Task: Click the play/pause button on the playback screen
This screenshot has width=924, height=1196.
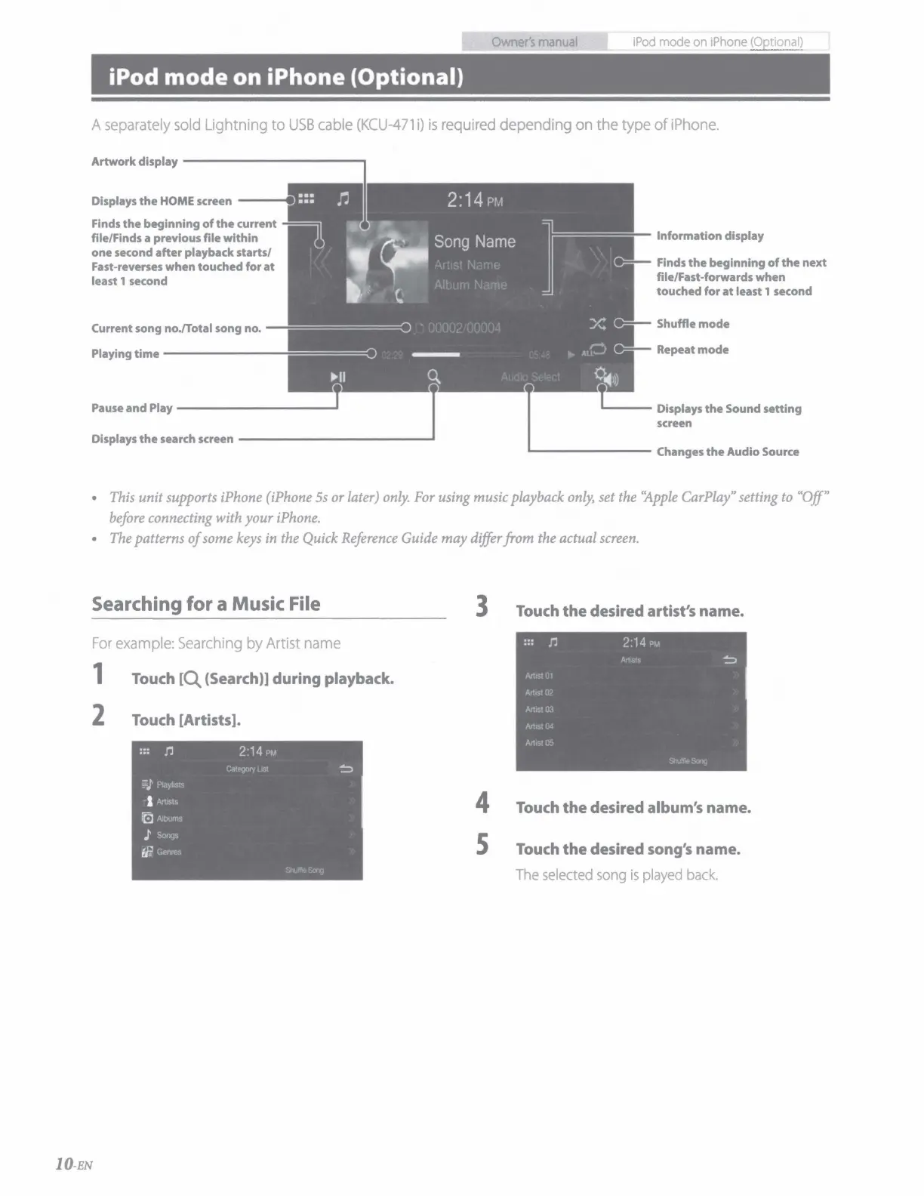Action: [337, 377]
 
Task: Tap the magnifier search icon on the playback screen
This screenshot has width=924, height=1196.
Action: [433, 376]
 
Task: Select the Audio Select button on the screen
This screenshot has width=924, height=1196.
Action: [530, 377]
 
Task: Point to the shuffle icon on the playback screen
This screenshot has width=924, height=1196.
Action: [597, 324]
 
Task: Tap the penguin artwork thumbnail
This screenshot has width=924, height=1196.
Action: [387, 261]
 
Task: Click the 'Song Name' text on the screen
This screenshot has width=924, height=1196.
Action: [474, 242]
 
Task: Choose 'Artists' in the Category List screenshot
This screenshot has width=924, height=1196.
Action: [167, 802]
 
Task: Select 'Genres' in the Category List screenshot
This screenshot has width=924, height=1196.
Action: [168, 852]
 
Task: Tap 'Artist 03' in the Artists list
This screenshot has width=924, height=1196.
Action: [539, 710]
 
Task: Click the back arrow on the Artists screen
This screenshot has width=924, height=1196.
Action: [729, 660]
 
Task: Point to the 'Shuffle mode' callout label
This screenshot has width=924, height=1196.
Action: [692, 324]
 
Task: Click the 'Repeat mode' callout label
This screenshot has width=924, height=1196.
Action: [692, 350]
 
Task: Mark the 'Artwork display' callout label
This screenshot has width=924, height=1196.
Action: [134, 162]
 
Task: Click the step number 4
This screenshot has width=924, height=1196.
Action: [482, 803]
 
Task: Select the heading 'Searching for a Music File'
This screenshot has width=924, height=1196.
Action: [205, 604]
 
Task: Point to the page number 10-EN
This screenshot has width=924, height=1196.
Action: [73, 1164]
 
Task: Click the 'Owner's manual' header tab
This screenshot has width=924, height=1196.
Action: [534, 42]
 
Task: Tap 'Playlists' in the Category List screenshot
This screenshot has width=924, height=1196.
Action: [170, 785]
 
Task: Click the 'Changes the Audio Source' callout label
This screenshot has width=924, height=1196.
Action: [727, 452]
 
